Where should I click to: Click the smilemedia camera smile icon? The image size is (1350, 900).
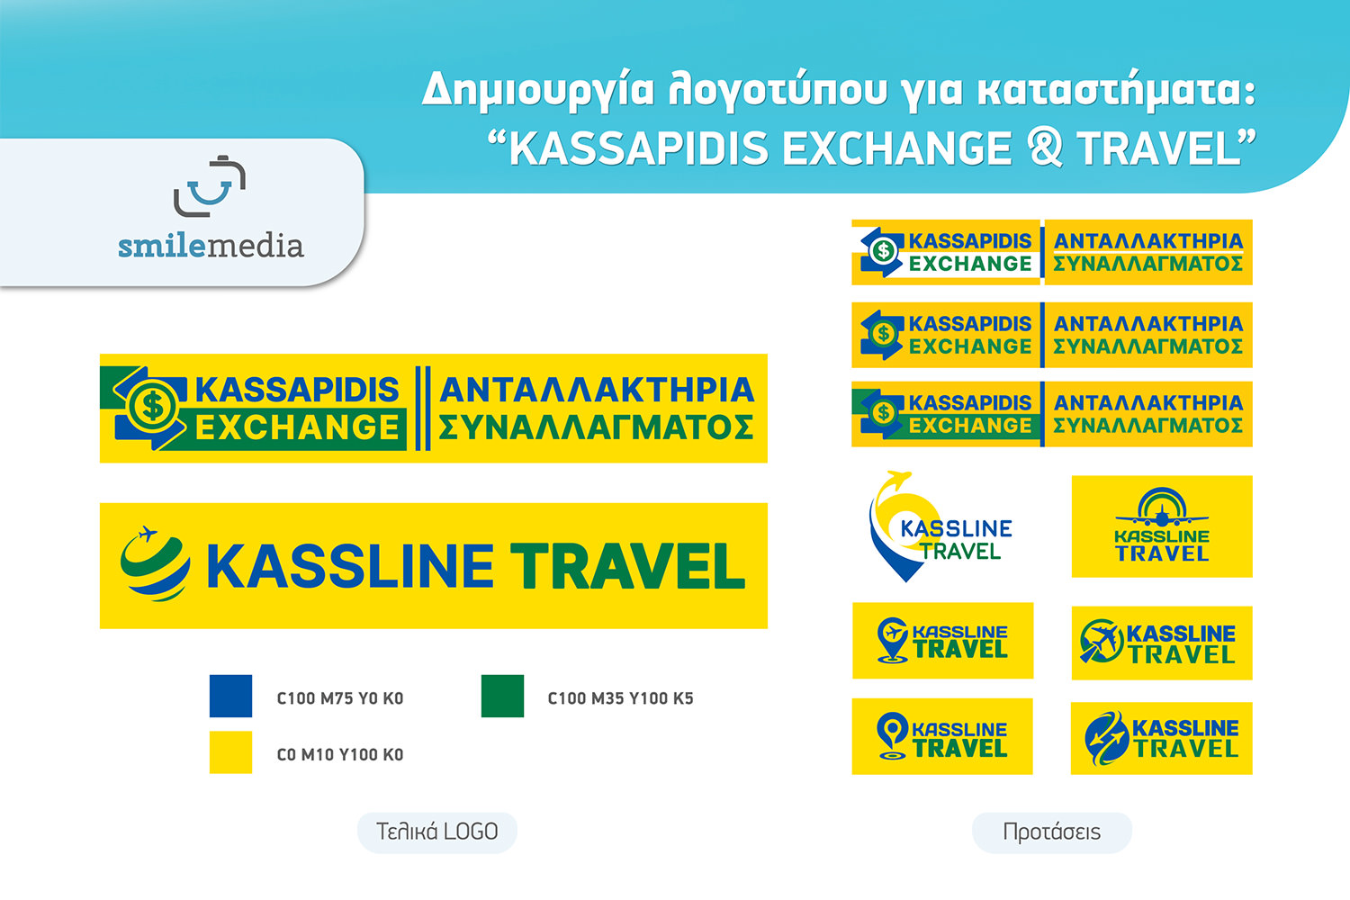pyautogui.click(x=209, y=186)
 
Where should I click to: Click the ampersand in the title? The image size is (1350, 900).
pyautogui.click(x=1046, y=148)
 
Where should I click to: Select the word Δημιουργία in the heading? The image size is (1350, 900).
pyautogui.click(x=538, y=90)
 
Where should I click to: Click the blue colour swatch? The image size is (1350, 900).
pyautogui.click(x=230, y=696)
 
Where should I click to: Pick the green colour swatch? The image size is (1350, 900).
pyautogui.click(x=502, y=696)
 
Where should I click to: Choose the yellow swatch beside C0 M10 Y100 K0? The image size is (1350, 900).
pyautogui.click(x=230, y=752)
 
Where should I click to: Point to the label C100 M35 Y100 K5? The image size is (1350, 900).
pyautogui.click(x=621, y=698)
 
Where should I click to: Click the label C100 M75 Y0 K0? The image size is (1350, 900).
pyautogui.click(x=340, y=698)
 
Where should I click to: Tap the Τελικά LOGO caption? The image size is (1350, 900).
pyautogui.click(x=436, y=832)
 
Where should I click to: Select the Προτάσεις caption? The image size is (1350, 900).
pyautogui.click(x=1052, y=832)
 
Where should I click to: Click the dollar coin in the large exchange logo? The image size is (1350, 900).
pyautogui.click(x=153, y=406)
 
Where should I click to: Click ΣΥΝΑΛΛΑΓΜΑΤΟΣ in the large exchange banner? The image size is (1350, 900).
pyautogui.click(x=596, y=427)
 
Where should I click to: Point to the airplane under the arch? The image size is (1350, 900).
pyautogui.click(x=1162, y=517)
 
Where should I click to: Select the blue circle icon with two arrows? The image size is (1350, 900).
pyautogui.click(x=1106, y=738)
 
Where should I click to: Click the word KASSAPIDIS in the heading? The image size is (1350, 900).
pyautogui.click(x=639, y=149)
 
